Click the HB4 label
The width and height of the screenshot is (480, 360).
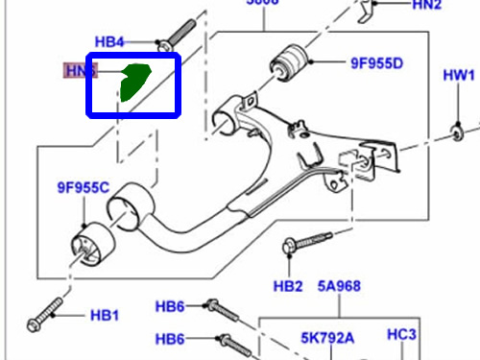pyautogui.click(x=110, y=42)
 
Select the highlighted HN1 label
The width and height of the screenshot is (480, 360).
pyautogui.click(x=81, y=70)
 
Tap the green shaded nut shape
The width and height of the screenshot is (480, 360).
pyautogui.click(x=133, y=83)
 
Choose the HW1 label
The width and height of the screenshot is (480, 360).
pyautogui.click(x=458, y=75)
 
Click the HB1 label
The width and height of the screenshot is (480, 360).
pyautogui.click(x=105, y=315)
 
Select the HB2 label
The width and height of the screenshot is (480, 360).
pyautogui.click(x=288, y=286)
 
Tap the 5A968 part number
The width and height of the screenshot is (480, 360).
pyautogui.click(x=338, y=286)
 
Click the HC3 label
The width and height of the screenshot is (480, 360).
pyautogui.click(x=400, y=334)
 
